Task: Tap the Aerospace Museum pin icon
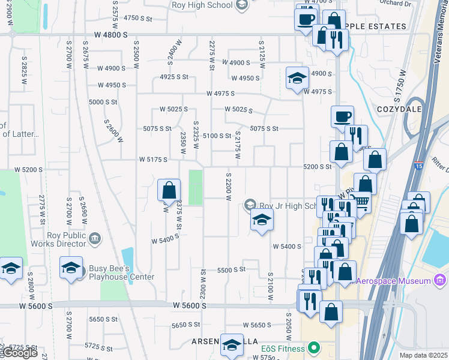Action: pos(440,280)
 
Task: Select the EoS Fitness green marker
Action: pos(313,348)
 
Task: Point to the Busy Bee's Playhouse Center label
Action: pos(122,272)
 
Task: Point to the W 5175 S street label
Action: pos(152,160)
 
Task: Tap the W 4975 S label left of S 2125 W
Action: pos(220,94)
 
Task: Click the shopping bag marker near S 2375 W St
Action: pos(169,190)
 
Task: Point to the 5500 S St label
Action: pos(232,270)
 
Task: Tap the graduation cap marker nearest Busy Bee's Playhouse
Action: pos(71,268)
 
